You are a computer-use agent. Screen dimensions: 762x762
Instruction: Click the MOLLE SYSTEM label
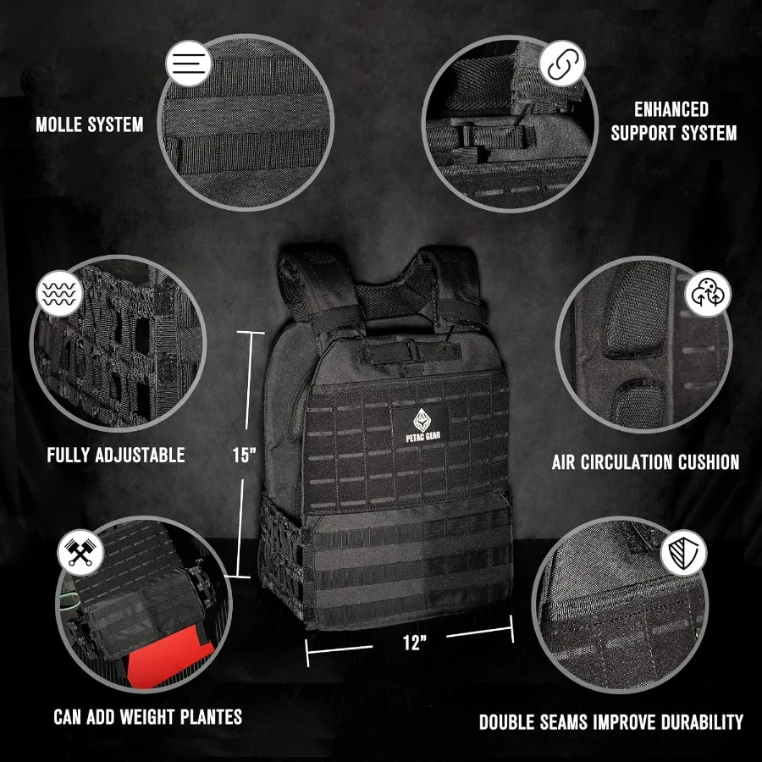(x=90, y=125)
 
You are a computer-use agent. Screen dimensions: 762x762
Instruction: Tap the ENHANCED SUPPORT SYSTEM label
(x=673, y=121)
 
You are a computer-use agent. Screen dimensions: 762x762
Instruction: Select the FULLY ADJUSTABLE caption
(x=116, y=456)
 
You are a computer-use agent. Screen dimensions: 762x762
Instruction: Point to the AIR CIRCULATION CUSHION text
(x=645, y=462)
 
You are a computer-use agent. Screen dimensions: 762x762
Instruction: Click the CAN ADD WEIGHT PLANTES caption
(x=147, y=717)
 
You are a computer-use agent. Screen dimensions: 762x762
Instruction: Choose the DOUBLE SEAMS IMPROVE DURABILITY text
(x=610, y=722)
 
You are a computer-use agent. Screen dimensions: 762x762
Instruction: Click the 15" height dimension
(x=244, y=455)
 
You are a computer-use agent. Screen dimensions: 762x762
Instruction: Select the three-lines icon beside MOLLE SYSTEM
(x=189, y=63)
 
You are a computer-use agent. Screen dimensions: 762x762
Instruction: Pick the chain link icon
(x=561, y=64)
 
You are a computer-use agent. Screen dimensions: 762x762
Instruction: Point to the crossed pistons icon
(x=80, y=553)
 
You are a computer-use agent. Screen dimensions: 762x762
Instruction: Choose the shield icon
(x=682, y=553)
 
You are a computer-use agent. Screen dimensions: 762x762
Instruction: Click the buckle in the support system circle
(x=470, y=135)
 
